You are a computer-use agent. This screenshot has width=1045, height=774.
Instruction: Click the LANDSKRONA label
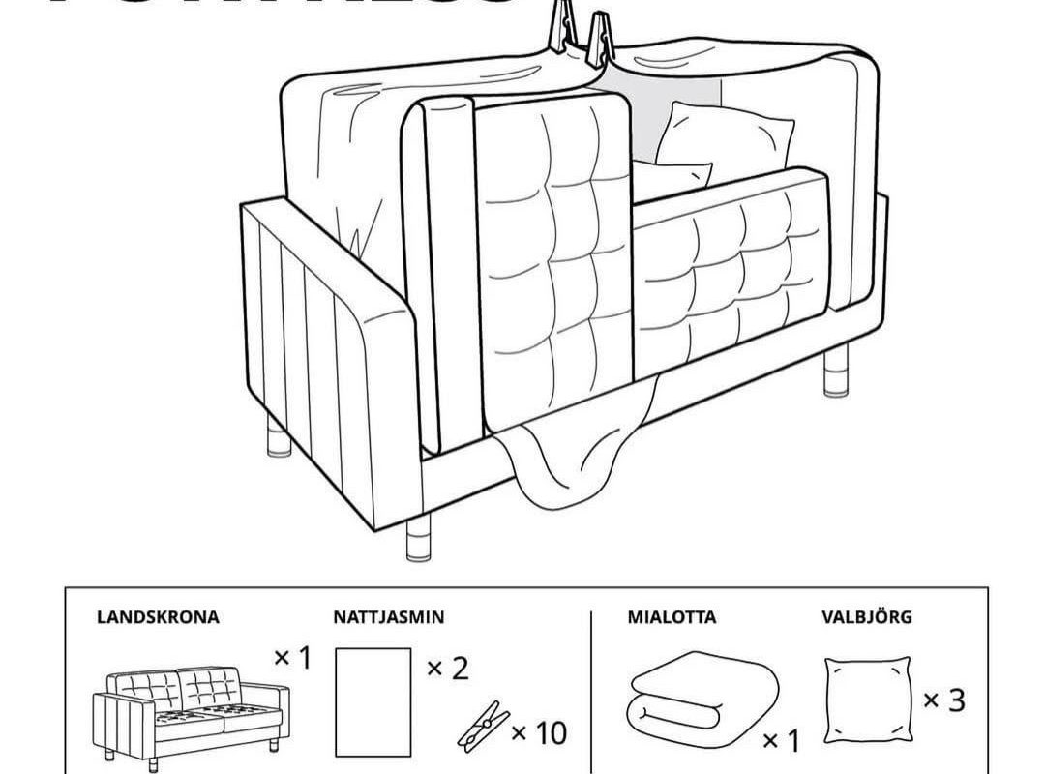158,616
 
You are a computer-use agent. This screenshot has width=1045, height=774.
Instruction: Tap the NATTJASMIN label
389,616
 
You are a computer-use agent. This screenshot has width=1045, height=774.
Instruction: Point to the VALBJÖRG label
866,616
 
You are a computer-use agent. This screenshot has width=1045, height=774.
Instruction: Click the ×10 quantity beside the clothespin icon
538,733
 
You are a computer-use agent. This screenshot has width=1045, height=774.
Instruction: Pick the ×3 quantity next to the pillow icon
943,700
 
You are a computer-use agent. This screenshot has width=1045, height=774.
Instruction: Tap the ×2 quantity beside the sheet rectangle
447,667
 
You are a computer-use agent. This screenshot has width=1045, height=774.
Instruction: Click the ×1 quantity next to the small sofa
292,659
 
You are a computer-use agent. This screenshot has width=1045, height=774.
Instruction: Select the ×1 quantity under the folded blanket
782,741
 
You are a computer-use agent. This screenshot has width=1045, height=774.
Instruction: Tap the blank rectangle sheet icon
373,700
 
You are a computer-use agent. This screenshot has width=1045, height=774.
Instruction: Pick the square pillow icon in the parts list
868,694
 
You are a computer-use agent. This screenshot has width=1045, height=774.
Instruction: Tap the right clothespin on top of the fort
601,34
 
